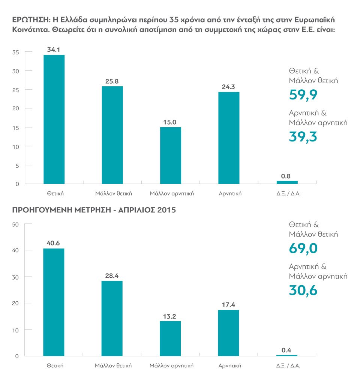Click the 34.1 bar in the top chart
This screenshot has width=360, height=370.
click(x=54, y=119)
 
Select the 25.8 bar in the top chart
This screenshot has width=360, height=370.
click(x=112, y=135)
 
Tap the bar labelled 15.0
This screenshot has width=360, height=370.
click(x=171, y=155)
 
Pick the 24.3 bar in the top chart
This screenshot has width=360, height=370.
click(x=229, y=138)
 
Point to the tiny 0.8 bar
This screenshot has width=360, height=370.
click(x=287, y=182)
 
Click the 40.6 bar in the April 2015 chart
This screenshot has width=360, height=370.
click(x=54, y=302)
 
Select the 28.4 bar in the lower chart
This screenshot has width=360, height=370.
click(x=112, y=318)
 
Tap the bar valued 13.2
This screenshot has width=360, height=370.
click(x=170, y=338)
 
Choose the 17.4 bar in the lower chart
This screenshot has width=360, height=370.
click(x=228, y=333)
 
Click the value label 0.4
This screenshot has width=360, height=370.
click(x=286, y=350)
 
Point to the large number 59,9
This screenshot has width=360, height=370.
click(x=303, y=95)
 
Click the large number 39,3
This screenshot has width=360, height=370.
click(x=303, y=137)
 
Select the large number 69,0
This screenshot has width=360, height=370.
click(x=303, y=248)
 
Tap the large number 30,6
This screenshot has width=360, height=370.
click(x=303, y=290)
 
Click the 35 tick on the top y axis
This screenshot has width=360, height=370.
click(x=15, y=52)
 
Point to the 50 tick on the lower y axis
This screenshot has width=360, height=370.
click(x=15, y=224)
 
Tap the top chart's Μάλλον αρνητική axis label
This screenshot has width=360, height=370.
click(x=171, y=194)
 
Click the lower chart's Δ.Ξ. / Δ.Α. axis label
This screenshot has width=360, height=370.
click(x=287, y=365)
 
